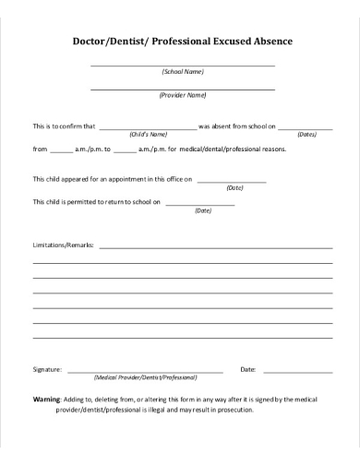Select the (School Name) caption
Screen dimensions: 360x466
pyautogui.click(x=183, y=72)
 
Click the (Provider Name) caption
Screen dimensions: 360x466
pyautogui.click(x=183, y=95)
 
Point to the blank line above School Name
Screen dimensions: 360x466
pyautogui.click(x=183, y=66)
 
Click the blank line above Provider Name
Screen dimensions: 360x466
pyautogui.click(x=183, y=89)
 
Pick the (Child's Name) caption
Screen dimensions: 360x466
pyautogui.click(x=148, y=134)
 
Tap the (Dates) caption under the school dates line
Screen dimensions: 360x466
pyautogui.click(x=306, y=134)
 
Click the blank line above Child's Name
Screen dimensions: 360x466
pyautogui.click(x=148, y=128)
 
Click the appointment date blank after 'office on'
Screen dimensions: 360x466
pyautogui.click(x=232, y=182)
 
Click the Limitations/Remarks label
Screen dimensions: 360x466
pyautogui.click(x=64, y=246)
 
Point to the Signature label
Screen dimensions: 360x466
pyautogui.click(x=47, y=369)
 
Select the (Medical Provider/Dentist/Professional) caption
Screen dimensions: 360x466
pyautogui.click(x=146, y=377)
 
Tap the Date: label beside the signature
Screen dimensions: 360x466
pyautogui.click(x=247, y=369)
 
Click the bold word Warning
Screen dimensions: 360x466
pyautogui.click(x=46, y=400)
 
